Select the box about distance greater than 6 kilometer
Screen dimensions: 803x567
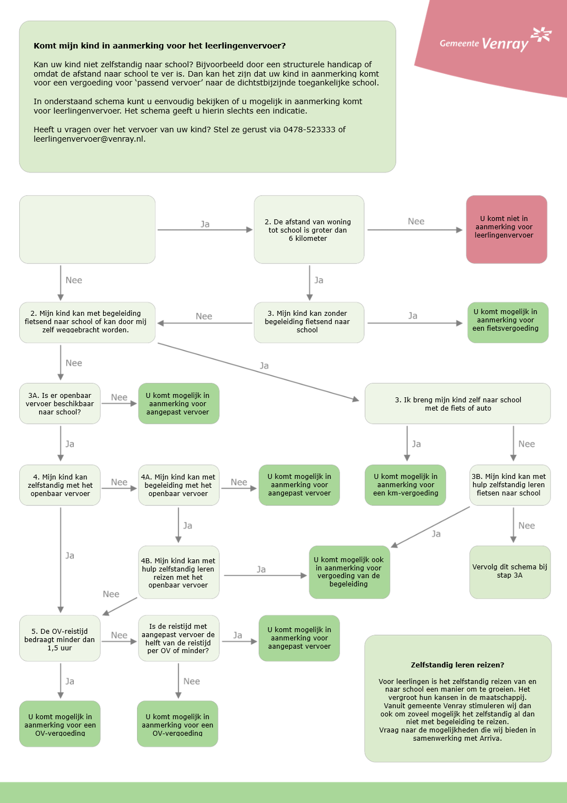tap(309, 230)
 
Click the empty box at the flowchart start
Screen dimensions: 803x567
tap(87, 229)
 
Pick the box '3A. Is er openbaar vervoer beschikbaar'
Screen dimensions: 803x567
tap(60, 403)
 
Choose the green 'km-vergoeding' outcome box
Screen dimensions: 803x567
tap(406, 485)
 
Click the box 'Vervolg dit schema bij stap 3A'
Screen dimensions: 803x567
tap(510, 572)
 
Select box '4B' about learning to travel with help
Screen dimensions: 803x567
tap(179, 573)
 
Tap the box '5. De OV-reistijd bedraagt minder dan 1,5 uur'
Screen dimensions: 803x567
tap(60, 639)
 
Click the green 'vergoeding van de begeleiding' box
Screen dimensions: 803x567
tap(349, 572)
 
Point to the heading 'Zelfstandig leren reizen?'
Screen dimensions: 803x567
tap(457, 665)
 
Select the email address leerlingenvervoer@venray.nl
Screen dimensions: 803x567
tap(89, 139)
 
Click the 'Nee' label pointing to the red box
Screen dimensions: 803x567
tap(416, 222)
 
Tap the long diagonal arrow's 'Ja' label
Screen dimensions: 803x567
tap(264, 366)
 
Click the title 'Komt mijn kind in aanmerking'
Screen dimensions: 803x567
tap(159, 46)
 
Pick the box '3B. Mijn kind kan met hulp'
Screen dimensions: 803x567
tap(510, 485)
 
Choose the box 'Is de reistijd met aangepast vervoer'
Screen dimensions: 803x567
tap(179, 638)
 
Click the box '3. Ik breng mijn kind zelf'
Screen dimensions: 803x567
tap(457, 404)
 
